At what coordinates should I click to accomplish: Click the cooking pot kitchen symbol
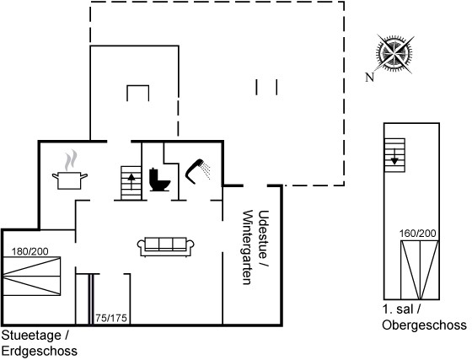tap(69, 180)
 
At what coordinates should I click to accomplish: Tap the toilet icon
tap(159, 180)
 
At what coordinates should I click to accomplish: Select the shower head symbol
tap(197, 171)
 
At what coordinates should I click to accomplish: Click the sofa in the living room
tap(165, 247)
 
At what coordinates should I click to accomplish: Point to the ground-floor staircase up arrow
tap(131, 181)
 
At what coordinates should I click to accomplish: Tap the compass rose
tap(394, 54)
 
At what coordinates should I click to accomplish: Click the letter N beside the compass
tap(370, 78)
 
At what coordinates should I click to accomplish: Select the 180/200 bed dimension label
tap(30, 251)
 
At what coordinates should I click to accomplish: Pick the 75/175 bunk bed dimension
tap(111, 318)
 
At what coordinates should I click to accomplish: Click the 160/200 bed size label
tap(418, 234)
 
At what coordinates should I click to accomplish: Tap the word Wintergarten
tap(248, 247)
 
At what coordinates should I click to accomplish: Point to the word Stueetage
tap(31, 336)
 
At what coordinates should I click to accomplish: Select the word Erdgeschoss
tap(40, 351)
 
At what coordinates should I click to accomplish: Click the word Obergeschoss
tap(425, 325)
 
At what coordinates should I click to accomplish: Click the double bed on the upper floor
tap(420, 270)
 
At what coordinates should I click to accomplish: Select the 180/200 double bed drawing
tap(32, 276)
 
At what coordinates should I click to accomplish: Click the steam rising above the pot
tap(71, 160)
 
